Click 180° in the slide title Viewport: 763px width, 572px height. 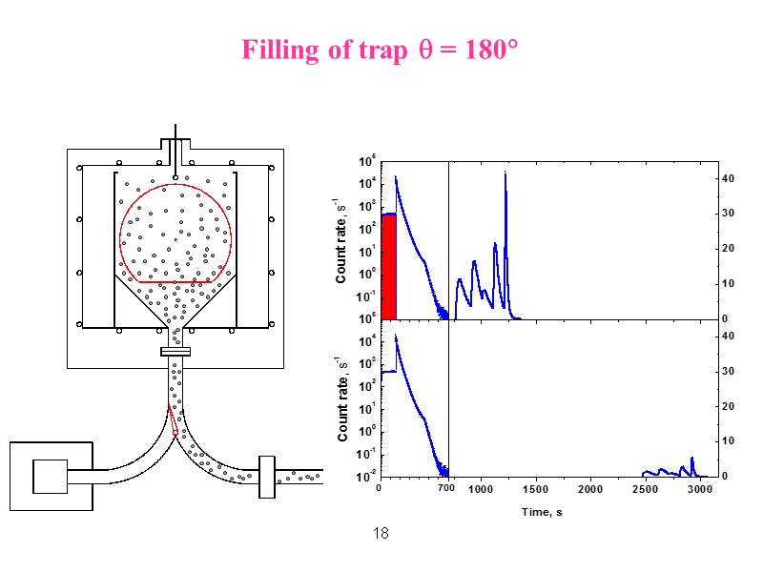pyautogui.click(x=490, y=50)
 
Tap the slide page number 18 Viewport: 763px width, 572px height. pyautogui.click(x=381, y=532)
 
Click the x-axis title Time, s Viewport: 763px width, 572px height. pyautogui.click(x=541, y=512)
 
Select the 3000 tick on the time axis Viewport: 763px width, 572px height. pyautogui.click(x=700, y=489)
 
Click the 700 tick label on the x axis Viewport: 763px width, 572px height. pyautogui.click(x=445, y=489)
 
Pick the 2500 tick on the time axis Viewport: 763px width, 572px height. pyautogui.click(x=646, y=489)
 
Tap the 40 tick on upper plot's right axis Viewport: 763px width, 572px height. pyautogui.click(x=726, y=179)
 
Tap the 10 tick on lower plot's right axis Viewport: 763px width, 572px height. pyautogui.click(x=726, y=441)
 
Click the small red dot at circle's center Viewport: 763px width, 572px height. pyautogui.click(x=175, y=239)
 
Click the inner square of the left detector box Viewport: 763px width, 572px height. pyautogui.click(x=50, y=476)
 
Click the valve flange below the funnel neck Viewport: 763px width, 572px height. pyautogui.click(x=175, y=352)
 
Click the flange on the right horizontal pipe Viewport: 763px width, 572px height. pyautogui.click(x=266, y=474)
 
